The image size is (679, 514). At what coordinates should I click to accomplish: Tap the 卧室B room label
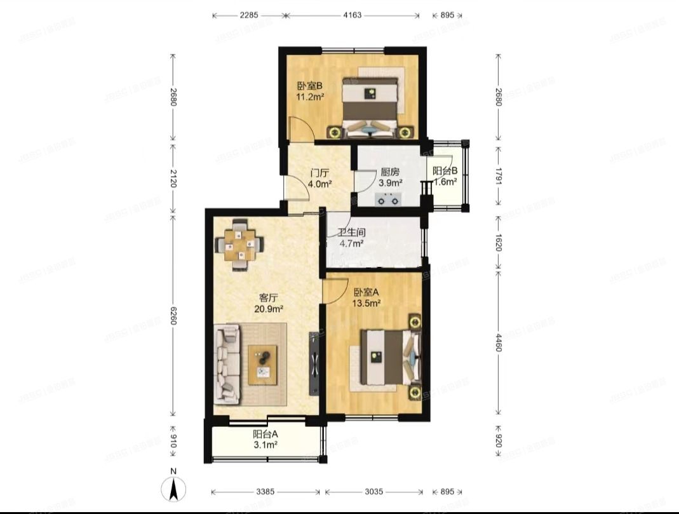click(x=310, y=91)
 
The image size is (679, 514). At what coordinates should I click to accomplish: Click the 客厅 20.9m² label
click(x=271, y=302)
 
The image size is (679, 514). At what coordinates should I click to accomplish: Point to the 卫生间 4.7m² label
click(x=351, y=238)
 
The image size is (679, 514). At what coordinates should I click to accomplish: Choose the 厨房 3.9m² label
click(x=389, y=177)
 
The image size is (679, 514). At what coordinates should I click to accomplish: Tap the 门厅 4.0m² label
click(x=319, y=178)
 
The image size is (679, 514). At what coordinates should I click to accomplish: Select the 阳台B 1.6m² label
click(x=445, y=177)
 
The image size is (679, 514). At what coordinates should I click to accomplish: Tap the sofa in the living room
click(x=227, y=363)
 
